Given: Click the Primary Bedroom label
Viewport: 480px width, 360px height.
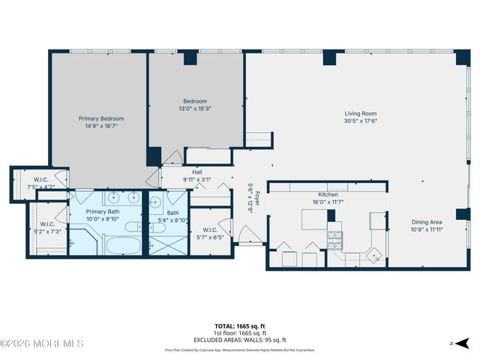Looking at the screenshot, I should point(101,118).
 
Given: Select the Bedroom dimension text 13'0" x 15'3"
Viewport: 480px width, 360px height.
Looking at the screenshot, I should point(195,108).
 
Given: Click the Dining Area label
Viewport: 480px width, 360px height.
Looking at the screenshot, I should point(426,222).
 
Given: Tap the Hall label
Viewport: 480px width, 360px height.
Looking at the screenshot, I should point(198,172).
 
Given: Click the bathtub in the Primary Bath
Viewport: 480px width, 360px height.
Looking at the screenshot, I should point(120,244).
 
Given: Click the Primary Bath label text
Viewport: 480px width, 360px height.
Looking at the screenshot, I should point(103,212).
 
